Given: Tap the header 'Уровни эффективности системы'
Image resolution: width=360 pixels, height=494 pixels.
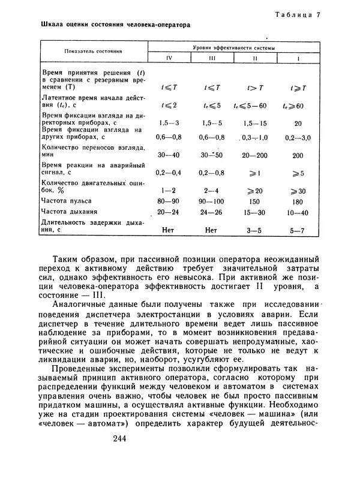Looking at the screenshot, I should click(235, 47).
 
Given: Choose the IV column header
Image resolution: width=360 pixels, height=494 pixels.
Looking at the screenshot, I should click(169, 58).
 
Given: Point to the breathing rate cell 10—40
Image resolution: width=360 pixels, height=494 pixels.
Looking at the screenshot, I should click(298, 212).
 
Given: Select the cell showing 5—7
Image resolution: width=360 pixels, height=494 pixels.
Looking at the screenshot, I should click(298, 229).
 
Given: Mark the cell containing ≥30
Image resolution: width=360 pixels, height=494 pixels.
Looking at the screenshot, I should click(298, 190).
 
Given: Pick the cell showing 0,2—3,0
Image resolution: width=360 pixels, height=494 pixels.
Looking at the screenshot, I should click(298, 137).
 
